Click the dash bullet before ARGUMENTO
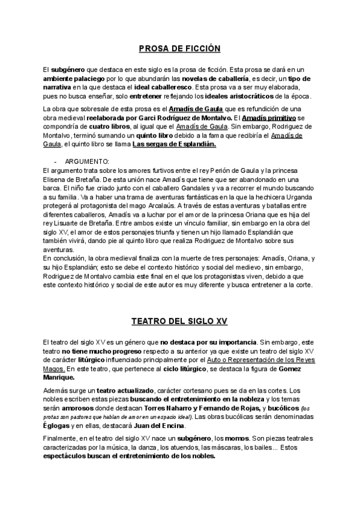(x=55, y=162)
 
